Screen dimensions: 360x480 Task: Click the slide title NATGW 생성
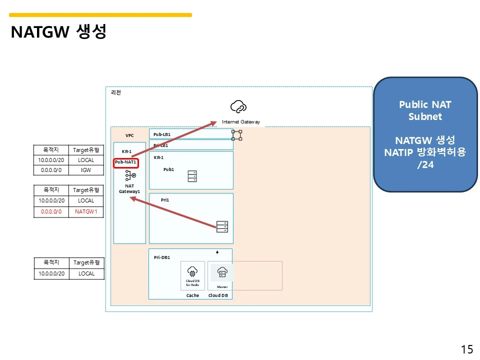click(x=58, y=32)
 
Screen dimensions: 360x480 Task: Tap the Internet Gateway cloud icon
click(x=238, y=106)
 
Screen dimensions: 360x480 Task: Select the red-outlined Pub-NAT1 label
click(x=125, y=162)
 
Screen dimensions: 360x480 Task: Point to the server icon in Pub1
click(x=192, y=176)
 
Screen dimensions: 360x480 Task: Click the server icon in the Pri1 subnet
click(x=222, y=226)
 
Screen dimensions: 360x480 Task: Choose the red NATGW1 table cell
click(x=86, y=211)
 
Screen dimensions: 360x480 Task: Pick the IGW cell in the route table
click(x=86, y=170)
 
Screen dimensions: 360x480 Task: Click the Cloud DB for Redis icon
click(x=192, y=271)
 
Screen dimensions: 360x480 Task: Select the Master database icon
click(x=222, y=272)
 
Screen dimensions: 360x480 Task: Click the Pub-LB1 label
click(x=161, y=134)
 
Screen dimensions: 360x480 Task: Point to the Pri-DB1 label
click(x=162, y=257)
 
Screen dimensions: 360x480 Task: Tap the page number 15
click(x=466, y=349)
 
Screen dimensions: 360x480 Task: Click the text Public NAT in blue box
click(x=425, y=105)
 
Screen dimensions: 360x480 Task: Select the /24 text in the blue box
click(x=425, y=164)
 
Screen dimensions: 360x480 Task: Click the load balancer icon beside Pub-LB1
click(x=236, y=134)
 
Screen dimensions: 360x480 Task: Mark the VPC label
click(x=129, y=135)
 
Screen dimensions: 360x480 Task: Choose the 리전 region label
click(x=115, y=92)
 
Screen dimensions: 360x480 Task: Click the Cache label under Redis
click(x=192, y=295)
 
